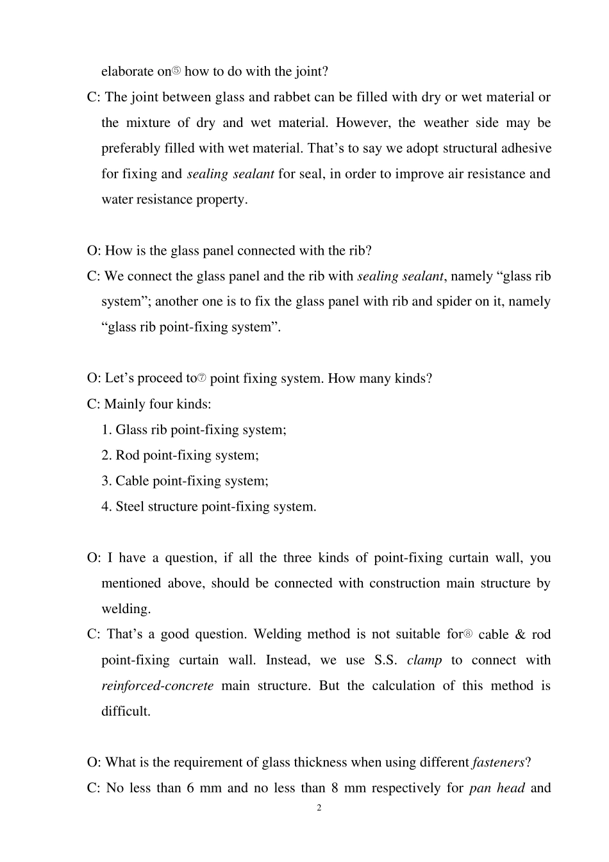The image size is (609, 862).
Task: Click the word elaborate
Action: click(127, 72)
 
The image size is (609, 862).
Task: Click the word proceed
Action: click(162, 378)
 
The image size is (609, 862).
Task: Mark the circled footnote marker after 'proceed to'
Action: click(202, 378)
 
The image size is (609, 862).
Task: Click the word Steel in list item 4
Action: click(130, 507)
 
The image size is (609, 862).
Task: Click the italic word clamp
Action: click(424, 661)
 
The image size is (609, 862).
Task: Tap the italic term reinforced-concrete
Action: click(158, 686)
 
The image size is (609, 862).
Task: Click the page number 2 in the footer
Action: click(319, 808)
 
